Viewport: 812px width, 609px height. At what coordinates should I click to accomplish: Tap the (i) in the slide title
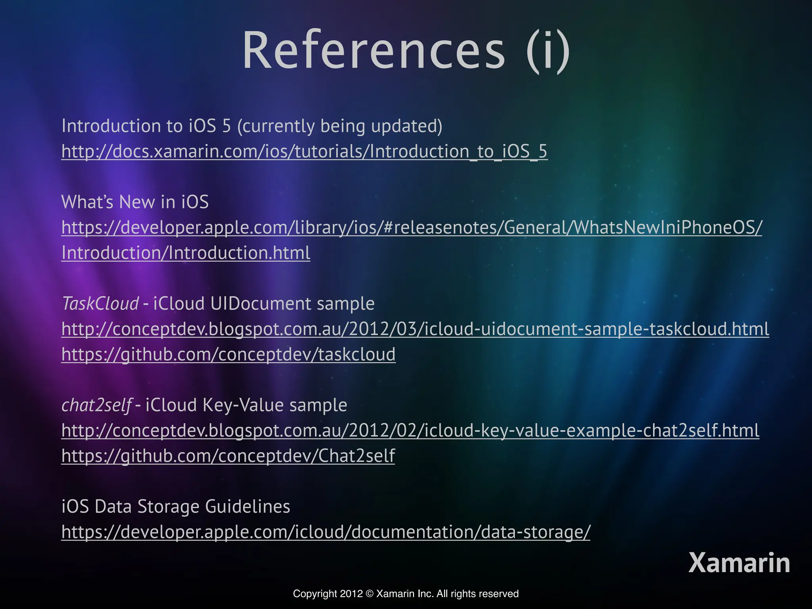[548, 51]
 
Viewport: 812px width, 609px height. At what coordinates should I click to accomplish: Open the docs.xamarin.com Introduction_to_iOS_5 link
[304, 151]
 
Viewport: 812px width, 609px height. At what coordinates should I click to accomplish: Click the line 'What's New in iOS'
[135, 202]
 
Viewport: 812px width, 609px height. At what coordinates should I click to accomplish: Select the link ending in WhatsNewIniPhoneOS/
[412, 228]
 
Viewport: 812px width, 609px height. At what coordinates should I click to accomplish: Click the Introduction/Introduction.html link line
[186, 253]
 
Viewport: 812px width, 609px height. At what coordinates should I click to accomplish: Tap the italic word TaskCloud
[100, 304]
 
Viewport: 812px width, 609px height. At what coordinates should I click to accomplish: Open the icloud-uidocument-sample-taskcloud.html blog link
[415, 329]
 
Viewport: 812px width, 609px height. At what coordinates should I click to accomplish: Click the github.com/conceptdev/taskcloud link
[228, 354]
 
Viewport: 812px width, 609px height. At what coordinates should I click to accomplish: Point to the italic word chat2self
[96, 405]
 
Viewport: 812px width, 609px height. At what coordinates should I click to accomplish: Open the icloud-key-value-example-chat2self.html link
[410, 431]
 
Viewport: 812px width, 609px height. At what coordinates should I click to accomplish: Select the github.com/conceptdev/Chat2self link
[228, 456]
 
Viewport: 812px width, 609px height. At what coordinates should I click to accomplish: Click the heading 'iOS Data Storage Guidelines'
[176, 507]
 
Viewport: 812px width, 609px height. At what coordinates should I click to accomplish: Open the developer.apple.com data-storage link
[326, 532]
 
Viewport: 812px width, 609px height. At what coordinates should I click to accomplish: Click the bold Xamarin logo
[739, 563]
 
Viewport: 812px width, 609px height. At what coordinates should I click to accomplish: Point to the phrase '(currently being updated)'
[339, 126]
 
